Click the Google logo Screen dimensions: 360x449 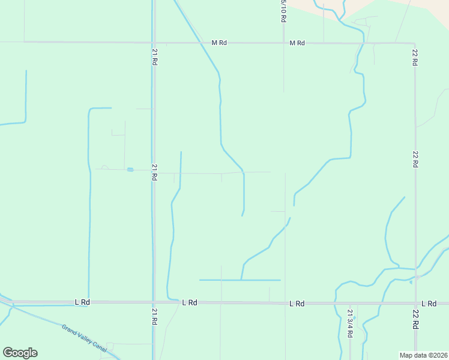(20, 352)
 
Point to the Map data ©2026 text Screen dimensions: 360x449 (423, 355)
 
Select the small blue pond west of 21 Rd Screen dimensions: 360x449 (130, 170)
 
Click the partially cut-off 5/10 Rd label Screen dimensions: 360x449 (283, 11)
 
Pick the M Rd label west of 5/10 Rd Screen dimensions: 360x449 (220, 43)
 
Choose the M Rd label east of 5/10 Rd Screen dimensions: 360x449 (297, 43)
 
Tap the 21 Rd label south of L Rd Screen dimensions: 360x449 (154, 317)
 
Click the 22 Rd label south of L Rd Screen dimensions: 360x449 (415, 320)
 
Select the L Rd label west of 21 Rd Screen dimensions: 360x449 (82, 302)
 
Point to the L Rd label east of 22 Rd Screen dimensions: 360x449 (429, 304)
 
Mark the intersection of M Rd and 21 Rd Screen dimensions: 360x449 (154, 43)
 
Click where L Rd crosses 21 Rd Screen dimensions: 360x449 (154, 302)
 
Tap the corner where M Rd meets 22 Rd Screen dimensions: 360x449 (414, 43)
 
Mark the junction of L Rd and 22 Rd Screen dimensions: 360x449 (415, 304)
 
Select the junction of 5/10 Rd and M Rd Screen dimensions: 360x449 (283, 43)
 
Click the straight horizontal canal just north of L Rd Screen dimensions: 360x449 (240, 280)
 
